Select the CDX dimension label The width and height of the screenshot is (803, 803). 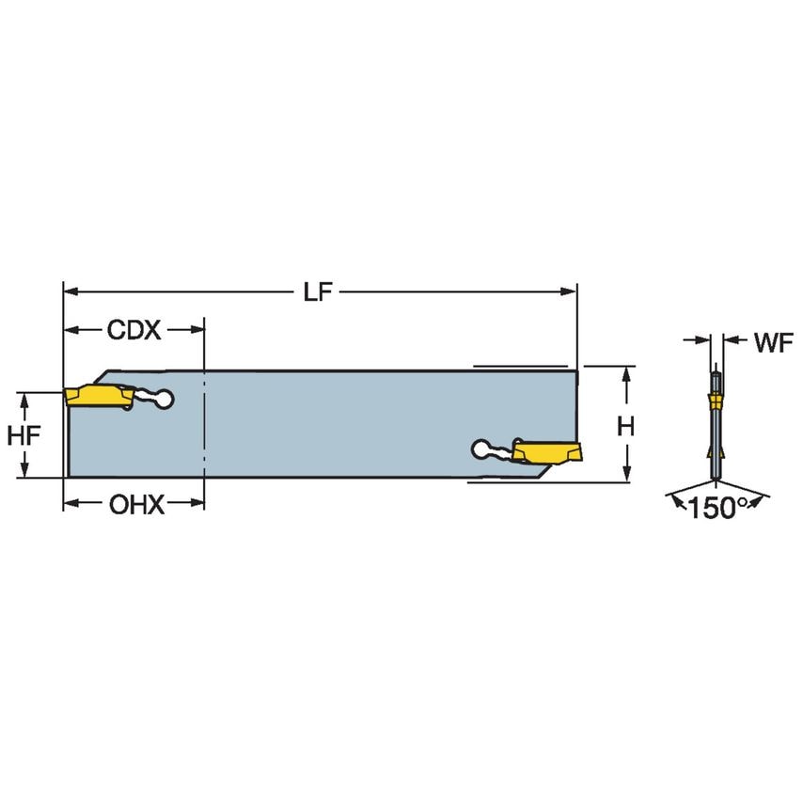(134, 330)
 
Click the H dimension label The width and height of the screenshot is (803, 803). (626, 426)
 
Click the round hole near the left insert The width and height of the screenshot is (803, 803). (165, 400)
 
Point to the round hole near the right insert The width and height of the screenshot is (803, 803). (481, 449)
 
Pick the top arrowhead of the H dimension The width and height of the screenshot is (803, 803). (626, 373)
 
